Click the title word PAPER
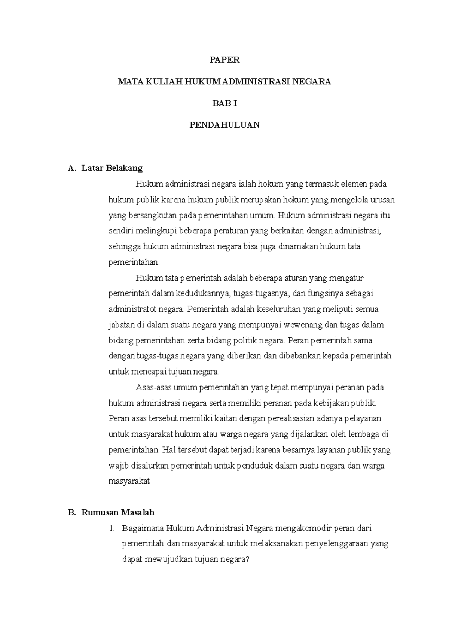(224, 60)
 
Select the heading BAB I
(224, 103)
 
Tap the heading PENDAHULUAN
(224, 125)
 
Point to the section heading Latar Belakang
(112, 168)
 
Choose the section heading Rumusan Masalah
(117, 512)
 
